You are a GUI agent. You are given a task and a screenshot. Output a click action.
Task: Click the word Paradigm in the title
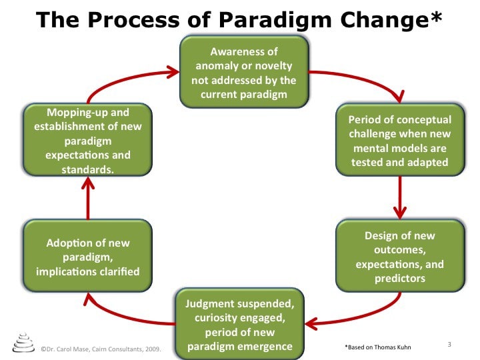click(275, 20)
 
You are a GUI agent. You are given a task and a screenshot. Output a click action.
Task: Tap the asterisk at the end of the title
click(436, 17)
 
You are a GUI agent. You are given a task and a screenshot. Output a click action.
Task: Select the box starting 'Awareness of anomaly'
click(244, 72)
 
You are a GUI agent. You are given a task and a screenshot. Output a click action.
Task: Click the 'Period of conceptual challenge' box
click(400, 139)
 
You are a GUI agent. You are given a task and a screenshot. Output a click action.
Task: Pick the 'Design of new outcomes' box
click(400, 256)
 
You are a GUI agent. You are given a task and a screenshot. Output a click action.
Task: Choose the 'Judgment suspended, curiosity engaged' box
click(240, 324)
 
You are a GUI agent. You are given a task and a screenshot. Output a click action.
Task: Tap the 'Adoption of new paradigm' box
click(88, 256)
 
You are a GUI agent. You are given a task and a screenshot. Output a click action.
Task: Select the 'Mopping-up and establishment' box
click(88, 139)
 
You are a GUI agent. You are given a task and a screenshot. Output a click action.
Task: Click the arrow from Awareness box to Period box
click(364, 79)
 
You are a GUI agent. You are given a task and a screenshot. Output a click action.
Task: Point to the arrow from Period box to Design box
click(400, 198)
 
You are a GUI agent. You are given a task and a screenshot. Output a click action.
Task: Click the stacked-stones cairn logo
click(23, 343)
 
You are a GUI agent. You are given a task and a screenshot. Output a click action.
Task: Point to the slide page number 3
click(449, 345)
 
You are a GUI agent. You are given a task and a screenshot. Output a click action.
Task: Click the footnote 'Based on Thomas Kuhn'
click(378, 347)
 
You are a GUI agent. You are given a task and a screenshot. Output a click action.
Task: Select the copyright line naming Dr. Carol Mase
click(101, 349)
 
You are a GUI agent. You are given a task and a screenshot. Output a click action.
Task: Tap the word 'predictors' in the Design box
click(400, 278)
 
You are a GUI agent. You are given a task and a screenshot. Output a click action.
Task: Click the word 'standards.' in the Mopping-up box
click(88, 169)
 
